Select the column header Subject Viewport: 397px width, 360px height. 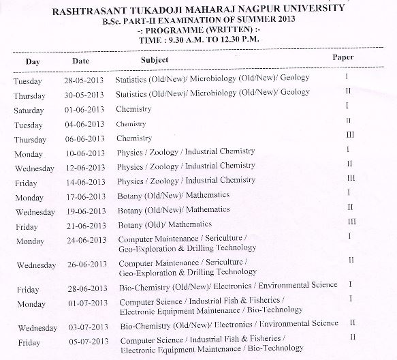[155, 61]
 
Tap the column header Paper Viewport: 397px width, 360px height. [343, 57]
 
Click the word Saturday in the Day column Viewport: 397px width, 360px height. [29, 110]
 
